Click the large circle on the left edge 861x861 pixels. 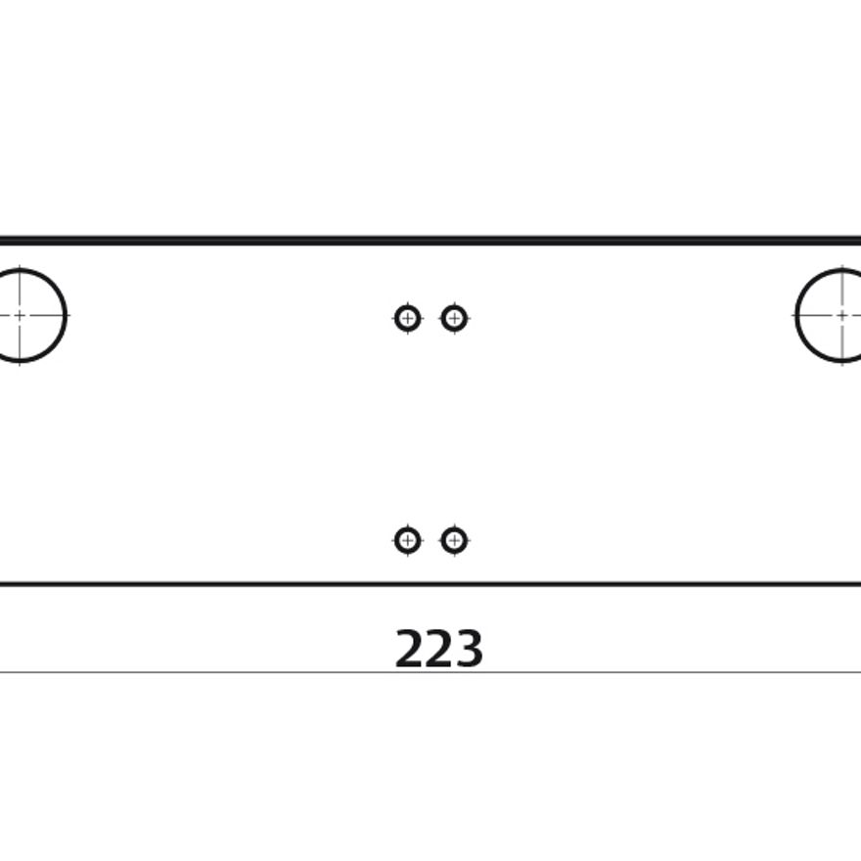click(x=66, y=315)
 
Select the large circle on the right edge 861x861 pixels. click(x=796, y=315)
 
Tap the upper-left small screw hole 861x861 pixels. click(x=407, y=318)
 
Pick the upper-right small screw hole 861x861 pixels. click(x=454, y=318)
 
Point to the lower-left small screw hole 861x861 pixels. click(x=407, y=541)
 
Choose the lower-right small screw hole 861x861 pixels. click(x=454, y=541)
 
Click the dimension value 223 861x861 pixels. click(x=438, y=649)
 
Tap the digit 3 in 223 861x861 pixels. click(x=469, y=649)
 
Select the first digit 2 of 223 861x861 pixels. click(x=410, y=649)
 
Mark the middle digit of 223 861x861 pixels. click(x=438, y=649)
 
